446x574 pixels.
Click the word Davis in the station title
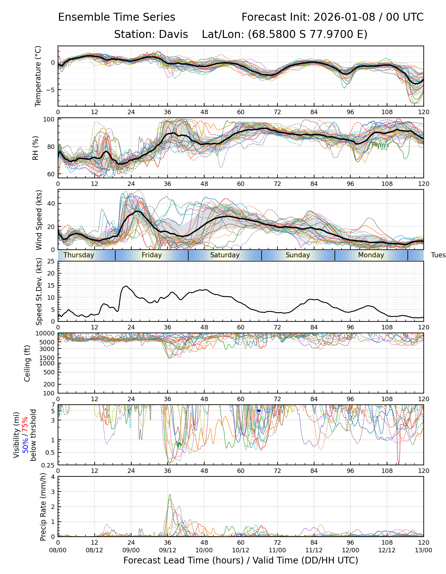click(x=173, y=34)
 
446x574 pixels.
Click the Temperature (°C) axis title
click(x=38, y=76)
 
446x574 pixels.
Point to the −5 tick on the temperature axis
click(x=51, y=90)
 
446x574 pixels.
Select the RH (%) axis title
click(x=35, y=148)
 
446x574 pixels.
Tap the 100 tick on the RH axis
click(x=49, y=120)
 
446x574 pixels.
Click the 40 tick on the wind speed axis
click(x=51, y=203)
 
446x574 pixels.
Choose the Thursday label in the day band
click(x=79, y=255)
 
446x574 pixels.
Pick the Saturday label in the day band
click(x=225, y=255)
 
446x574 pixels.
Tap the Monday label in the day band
click(x=371, y=255)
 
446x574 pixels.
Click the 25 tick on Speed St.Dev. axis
click(x=51, y=261)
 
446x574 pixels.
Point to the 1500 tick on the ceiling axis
click(x=49, y=358)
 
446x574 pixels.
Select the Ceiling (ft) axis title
click(x=27, y=363)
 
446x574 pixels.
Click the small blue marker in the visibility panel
click(x=259, y=411)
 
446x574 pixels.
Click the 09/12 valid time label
click(x=168, y=550)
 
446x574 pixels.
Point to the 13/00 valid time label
click(x=423, y=550)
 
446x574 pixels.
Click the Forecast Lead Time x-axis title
click(x=241, y=560)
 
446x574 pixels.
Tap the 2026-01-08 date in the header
click(x=344, y=17)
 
